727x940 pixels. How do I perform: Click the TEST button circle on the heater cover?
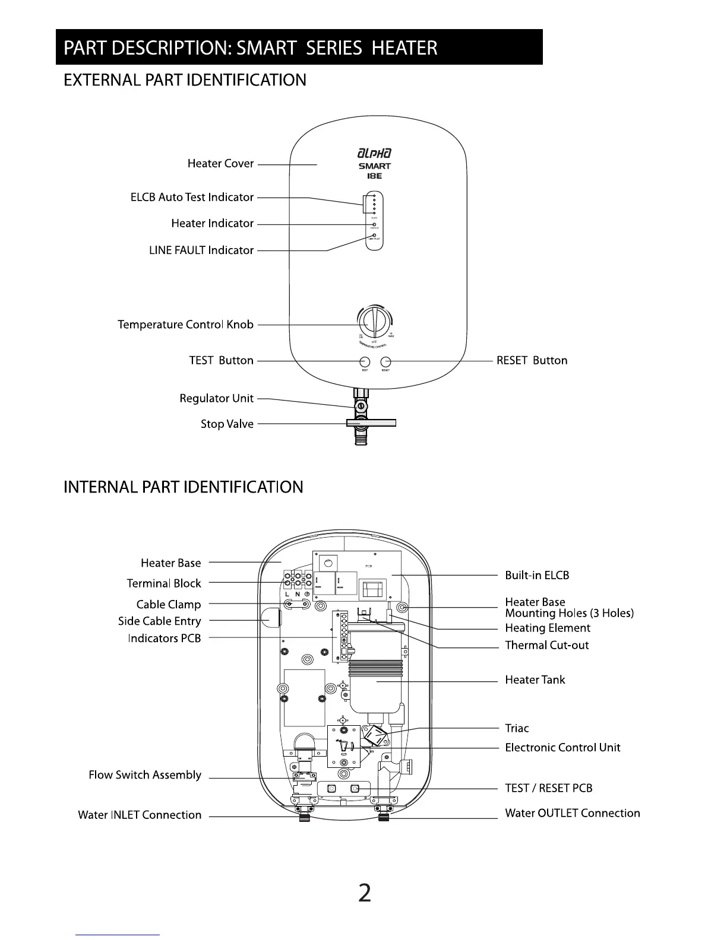point(365,361)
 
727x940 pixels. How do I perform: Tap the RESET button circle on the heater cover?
point(386,361)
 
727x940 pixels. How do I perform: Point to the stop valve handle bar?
point(371,423)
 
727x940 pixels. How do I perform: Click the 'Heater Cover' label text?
point(220,163)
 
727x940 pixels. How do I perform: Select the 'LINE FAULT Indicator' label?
point(201,250)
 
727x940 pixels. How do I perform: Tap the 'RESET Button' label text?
point(532,360)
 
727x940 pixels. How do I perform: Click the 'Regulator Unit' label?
point(216,398)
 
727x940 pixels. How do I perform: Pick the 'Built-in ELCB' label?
point(537,575)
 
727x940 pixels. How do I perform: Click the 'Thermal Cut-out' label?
point(546,645)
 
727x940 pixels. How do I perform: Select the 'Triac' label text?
point(517,728)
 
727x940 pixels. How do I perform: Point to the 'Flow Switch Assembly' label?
point(145,775)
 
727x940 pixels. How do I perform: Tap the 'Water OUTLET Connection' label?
point(572,813)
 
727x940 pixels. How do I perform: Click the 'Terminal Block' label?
point(164,583)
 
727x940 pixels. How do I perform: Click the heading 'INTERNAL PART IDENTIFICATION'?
point(183,487)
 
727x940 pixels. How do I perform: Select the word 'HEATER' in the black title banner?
point(404,47)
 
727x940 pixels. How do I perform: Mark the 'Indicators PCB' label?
point(165,638)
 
